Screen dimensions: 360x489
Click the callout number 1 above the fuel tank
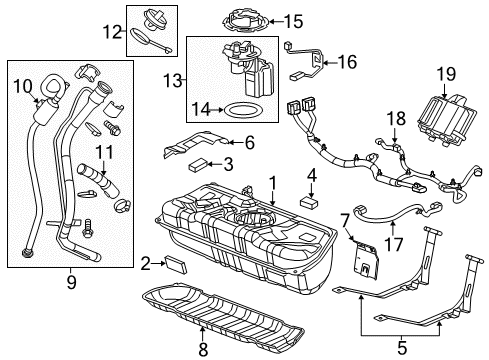click(x=271, y=182)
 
